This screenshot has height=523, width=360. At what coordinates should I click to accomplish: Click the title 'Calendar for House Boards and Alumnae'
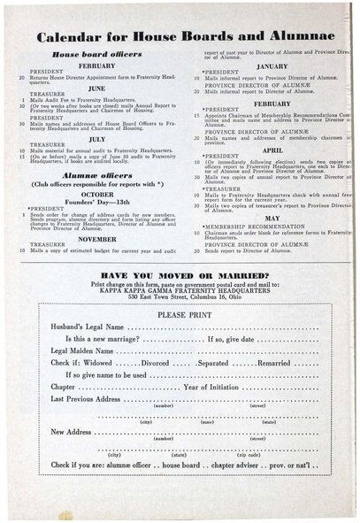coord(180,37)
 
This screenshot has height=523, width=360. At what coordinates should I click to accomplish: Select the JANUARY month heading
coord(272,66)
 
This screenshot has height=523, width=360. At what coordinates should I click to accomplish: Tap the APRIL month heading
coord(272,150)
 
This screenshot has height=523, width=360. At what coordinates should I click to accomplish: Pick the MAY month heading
coord(272,217)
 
